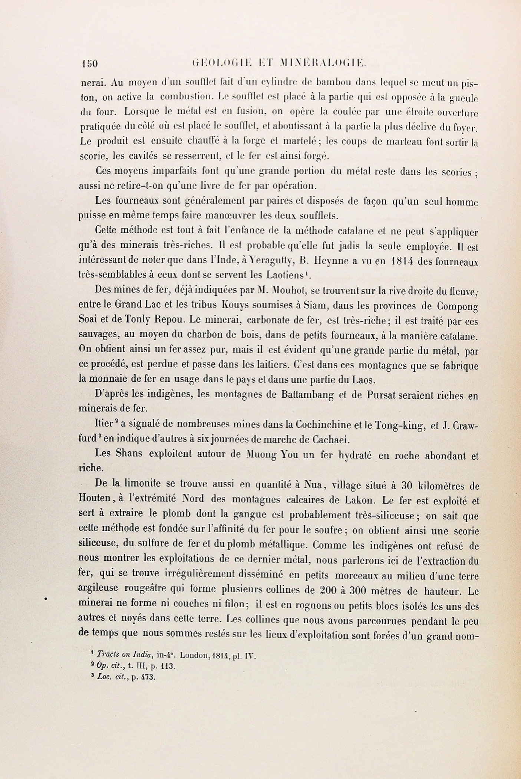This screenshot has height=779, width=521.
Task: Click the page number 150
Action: (x=89, y=63)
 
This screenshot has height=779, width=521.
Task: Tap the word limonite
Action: (x=141, y=484)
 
